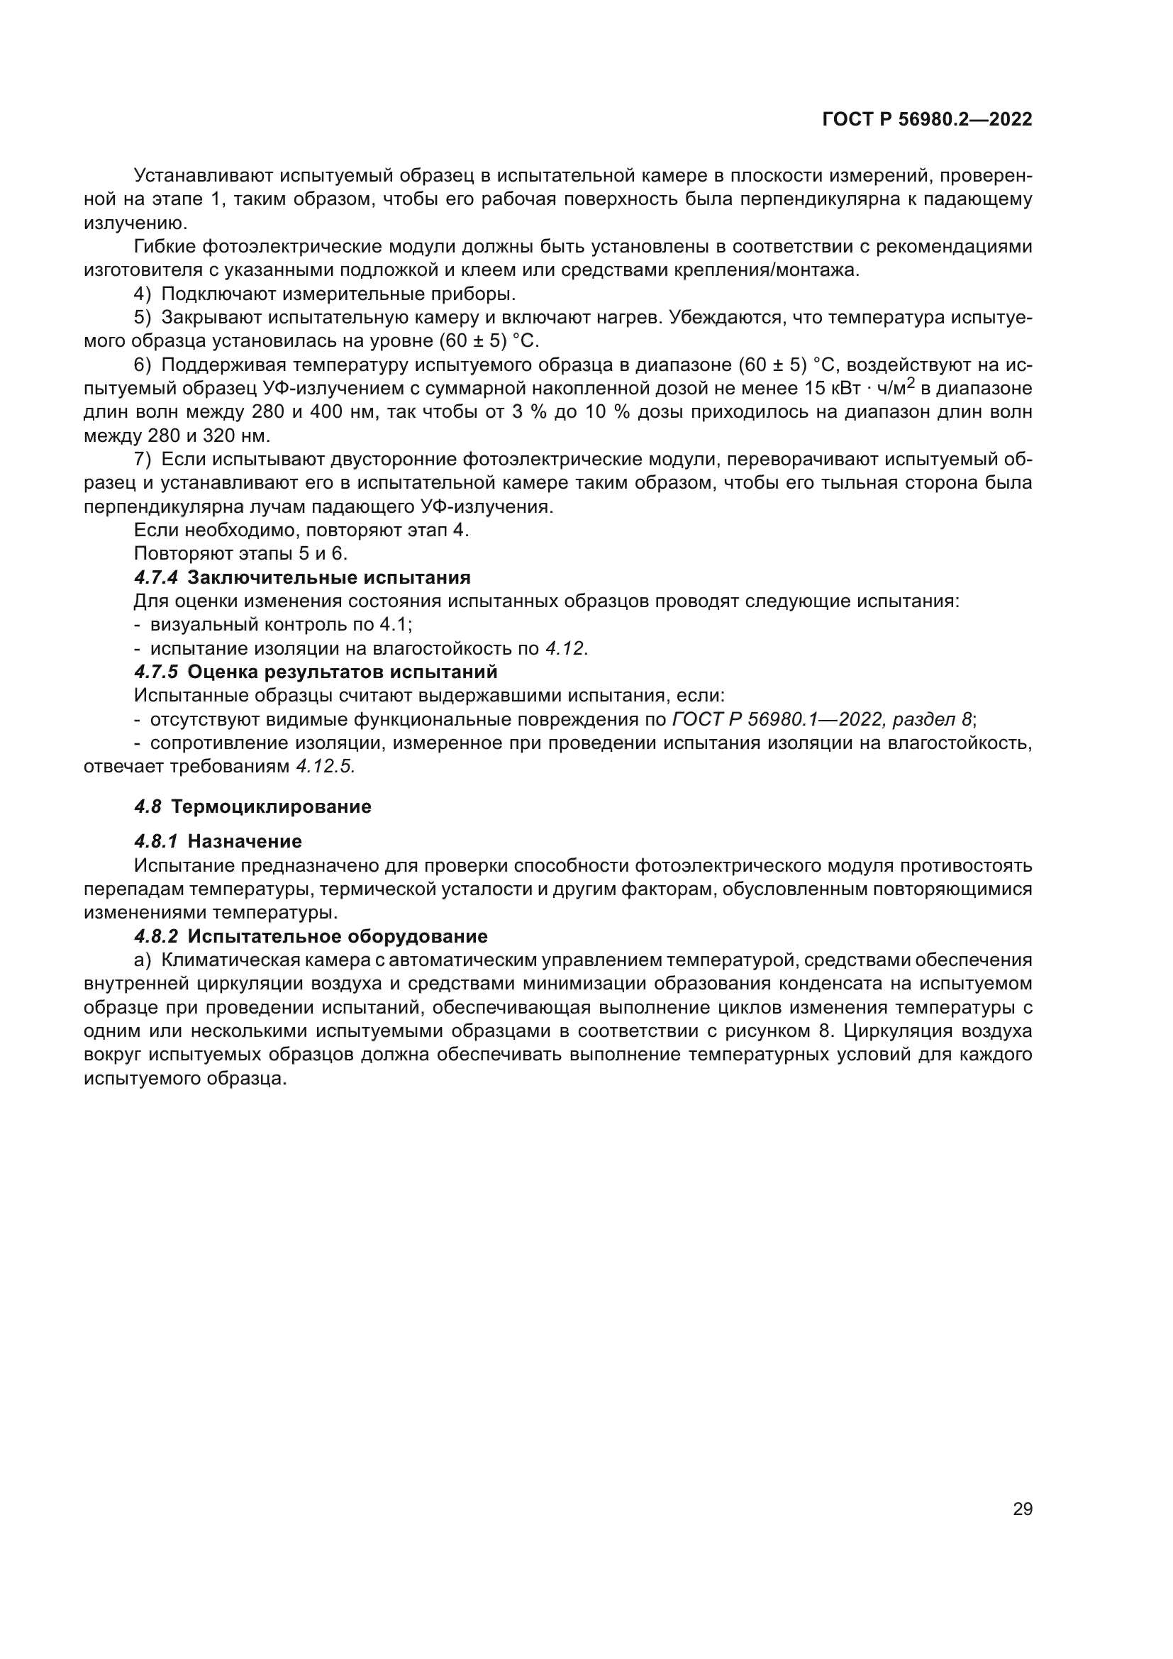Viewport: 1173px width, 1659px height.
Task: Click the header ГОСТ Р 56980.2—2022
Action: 927,119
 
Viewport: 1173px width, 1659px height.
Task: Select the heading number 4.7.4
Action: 155,577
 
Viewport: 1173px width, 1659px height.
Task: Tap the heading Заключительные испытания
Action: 328,577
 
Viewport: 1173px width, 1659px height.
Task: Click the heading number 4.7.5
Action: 155,672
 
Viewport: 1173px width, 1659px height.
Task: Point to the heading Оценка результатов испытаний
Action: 343,672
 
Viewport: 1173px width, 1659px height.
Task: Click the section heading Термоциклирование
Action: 272,806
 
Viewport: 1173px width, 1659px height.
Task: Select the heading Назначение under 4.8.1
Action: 244,841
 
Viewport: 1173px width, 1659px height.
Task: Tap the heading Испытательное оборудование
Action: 338,936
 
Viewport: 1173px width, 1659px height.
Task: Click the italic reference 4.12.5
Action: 326,767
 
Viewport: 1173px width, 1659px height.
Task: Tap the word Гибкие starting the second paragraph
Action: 164,247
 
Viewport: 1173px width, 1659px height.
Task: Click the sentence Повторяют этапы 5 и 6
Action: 241,553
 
